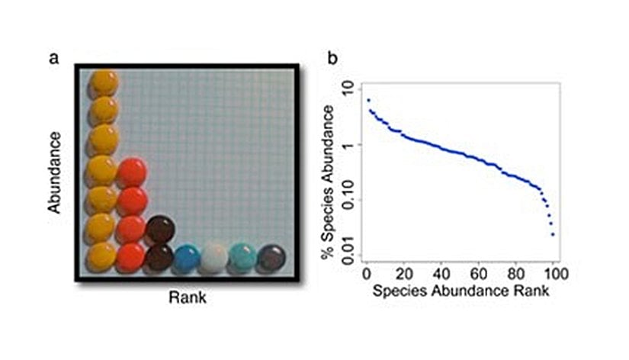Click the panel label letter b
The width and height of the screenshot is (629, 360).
[x=332, y=58]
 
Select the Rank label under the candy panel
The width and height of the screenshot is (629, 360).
[x=187, y=298]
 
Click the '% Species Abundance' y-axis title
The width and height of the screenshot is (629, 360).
[x=328, y=183]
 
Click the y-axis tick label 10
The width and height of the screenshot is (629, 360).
[x=348, y=90]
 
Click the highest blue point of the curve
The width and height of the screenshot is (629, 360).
[x=368, y=100]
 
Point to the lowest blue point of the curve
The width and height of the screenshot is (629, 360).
[x=552, y=234]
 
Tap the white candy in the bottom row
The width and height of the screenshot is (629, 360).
[x=214, y=257]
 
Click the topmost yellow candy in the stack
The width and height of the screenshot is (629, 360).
[x=104, y=83]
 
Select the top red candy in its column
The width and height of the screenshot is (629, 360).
[x=132, y=172]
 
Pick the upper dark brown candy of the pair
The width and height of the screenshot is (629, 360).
[x=160, y=228]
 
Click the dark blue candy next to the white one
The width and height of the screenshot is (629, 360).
[x=186, y=258]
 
